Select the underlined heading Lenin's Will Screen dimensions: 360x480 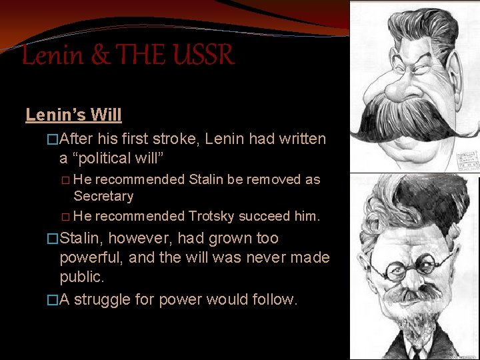point(73,115)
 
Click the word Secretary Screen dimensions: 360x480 point(103,196)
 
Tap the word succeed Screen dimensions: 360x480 point(265,216)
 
